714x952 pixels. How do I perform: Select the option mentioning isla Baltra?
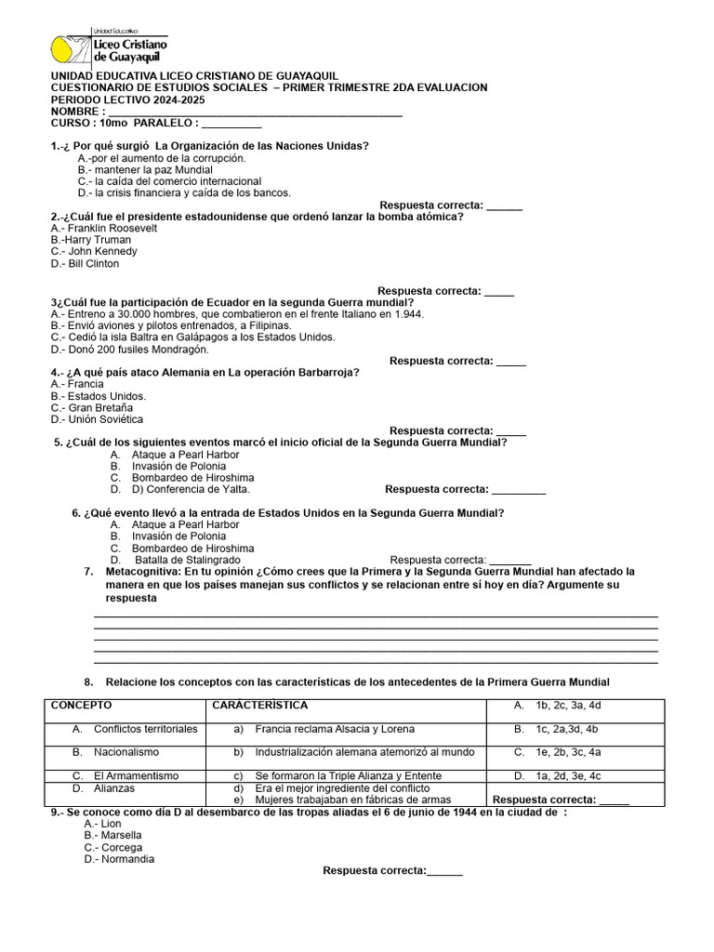[192, 337]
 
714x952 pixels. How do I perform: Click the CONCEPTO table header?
[81, 706]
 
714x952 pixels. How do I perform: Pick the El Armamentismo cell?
[137, 775]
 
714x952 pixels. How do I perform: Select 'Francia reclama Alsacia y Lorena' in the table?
[335, 729]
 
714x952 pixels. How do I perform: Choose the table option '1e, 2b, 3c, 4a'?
[568, 752]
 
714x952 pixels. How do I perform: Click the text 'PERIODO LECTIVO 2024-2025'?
[128, 99]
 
